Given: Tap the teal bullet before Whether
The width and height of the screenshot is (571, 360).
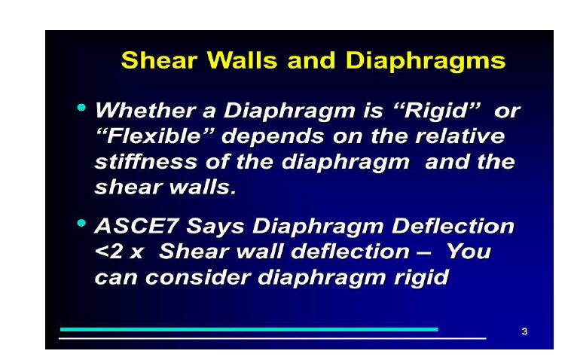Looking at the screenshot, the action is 81,108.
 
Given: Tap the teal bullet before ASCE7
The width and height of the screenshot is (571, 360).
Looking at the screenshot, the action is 81,223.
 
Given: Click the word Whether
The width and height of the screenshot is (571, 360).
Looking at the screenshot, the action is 145,110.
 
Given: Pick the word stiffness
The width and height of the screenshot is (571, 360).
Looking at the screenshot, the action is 145,162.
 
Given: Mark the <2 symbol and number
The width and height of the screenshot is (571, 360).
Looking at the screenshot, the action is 108,252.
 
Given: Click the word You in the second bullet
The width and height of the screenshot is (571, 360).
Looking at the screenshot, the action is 469,251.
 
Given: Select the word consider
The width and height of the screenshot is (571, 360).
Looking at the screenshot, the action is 198,277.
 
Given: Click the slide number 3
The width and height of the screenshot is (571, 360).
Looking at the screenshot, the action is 524,331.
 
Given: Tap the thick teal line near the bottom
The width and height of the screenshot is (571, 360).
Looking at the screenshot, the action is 249,329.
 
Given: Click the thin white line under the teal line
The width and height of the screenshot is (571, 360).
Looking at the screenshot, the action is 273,338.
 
